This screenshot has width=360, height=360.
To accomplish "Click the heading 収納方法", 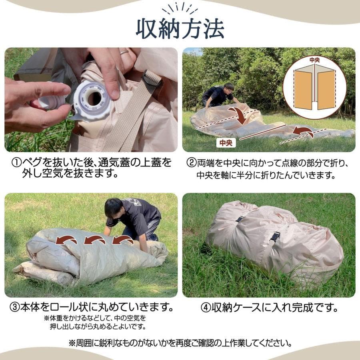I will click(x=180, y=28).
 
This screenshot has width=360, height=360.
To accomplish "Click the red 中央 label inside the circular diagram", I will click(x=315, y=60).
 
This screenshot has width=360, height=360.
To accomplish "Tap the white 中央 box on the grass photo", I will click(x=226, y=143).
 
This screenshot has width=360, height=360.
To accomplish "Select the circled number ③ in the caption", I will click(x=14, y=308).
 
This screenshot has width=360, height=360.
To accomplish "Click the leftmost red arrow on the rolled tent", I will click(x=66, y=240).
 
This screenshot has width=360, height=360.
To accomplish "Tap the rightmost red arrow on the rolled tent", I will click(x=122, y=240).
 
